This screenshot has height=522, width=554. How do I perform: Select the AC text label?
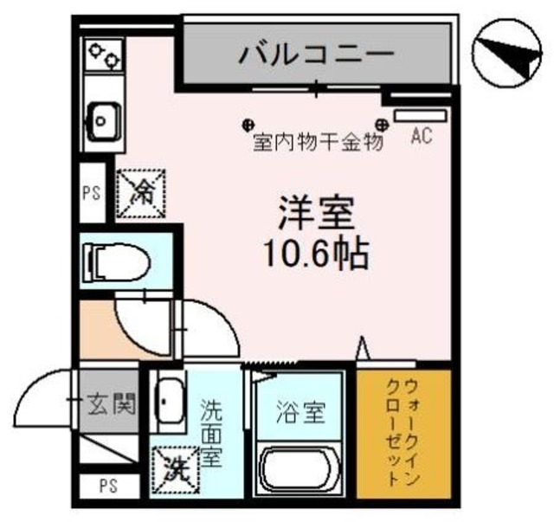tap(421, 136)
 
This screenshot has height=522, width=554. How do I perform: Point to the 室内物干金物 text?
tap(318, 141)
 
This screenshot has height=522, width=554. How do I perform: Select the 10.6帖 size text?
tap(318, 254)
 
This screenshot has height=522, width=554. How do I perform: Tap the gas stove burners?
tap(103, 55)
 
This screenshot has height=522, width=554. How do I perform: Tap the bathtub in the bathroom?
tap(301, 473)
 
